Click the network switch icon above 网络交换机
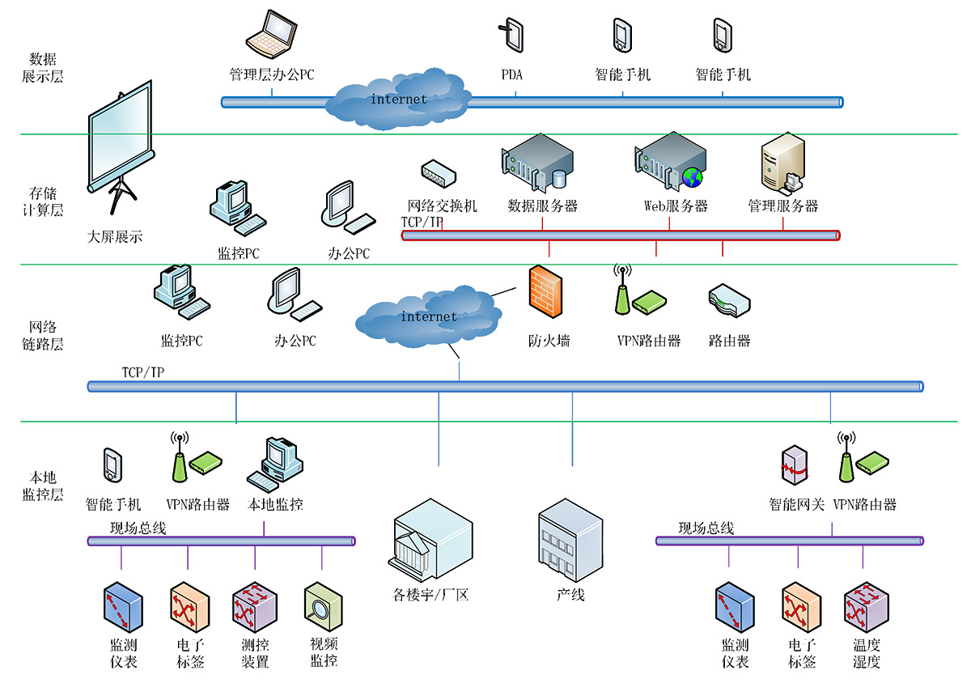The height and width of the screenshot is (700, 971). click(439, 173)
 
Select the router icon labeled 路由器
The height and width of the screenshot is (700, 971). click(728, 300)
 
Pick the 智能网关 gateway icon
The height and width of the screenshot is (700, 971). click(795, 468)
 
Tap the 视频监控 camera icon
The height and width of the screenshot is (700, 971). click(323, 606)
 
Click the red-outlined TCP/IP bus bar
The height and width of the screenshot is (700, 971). click(620, 235)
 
